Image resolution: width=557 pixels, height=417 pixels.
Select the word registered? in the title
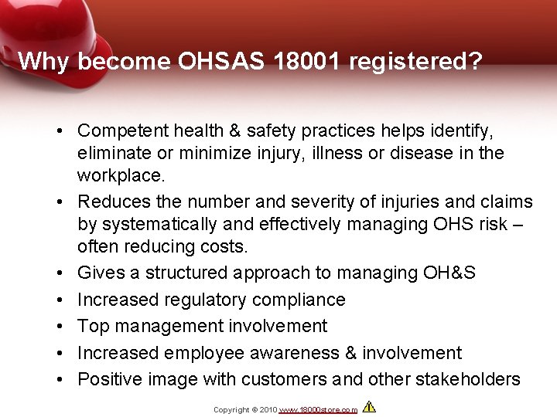(x=417, y=62)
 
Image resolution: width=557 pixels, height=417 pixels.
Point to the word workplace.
(x=121, y=175)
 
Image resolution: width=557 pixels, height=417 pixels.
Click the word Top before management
(x=94, y=327)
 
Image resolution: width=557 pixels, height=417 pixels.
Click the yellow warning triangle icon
(x=369, y=406)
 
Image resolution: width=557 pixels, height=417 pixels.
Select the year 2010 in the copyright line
(x=268, y=410)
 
